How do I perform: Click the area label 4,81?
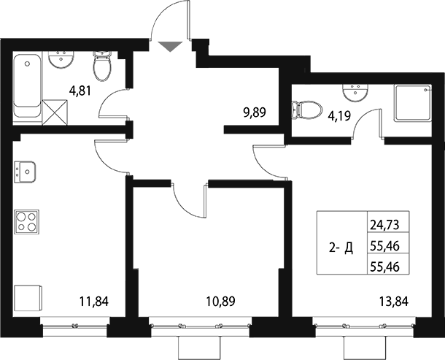click(80, 92)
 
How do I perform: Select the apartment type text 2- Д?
click(341, 249)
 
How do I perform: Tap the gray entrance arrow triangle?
click(169, 47)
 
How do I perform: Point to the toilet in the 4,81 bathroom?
click(101, 67)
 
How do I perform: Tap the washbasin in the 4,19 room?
click(356, 90)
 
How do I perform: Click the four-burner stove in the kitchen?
click(26, 221)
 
